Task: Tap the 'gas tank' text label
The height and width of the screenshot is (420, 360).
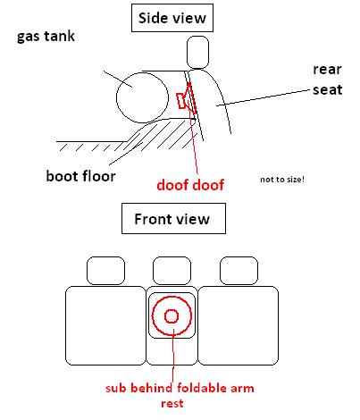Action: tap(46, 37)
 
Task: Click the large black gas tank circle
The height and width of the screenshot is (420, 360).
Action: tap(116, 98)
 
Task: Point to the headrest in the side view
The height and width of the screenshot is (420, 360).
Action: tap(197, 37)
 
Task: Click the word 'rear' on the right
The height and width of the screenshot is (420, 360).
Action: tap(327, 70)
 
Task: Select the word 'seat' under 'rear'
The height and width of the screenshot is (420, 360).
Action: tap(327, 89)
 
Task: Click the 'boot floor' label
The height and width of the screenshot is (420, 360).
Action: tap(80, 176)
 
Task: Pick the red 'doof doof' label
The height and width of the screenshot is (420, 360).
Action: tap(190, 185)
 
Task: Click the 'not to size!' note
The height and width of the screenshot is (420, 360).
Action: tap(282, 180)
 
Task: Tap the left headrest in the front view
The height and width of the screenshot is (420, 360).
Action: tap(105, 257)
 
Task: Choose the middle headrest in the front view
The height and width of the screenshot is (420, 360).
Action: tap(172, 257)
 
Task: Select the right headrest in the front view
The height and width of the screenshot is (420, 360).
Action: tap(239, 257)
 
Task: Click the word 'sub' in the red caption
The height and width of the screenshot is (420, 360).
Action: tap(116, 388)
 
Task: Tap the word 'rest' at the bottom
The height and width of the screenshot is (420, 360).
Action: tap(172, 404)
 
